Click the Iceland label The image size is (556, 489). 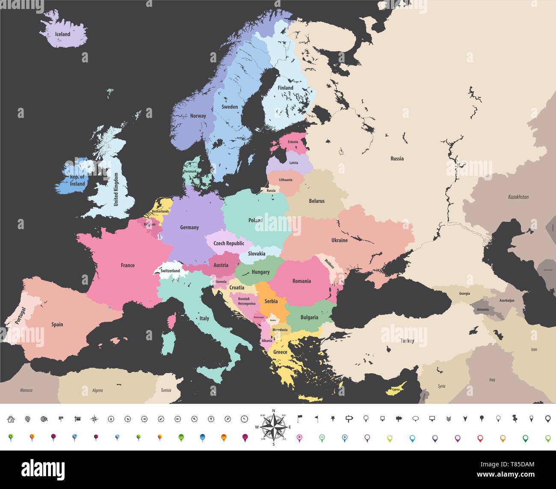click(62, 34)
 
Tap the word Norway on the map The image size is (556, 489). click(198, 116)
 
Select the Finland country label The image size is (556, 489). click(285, 88)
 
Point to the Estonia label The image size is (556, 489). click(293, 142)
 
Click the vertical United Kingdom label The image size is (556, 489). click(115, 189)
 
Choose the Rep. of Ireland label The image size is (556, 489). click(77, 180)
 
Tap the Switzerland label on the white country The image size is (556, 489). click(170, 271)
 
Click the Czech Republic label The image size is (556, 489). click(229, 243)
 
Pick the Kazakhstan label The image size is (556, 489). click(518, 197)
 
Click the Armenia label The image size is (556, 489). click(482, 309)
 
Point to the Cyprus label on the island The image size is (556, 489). click(396, 390)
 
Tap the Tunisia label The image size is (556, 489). click(166, 390)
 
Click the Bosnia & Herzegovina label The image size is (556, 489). click(247, 301)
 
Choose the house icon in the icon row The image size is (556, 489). click(11, 419)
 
